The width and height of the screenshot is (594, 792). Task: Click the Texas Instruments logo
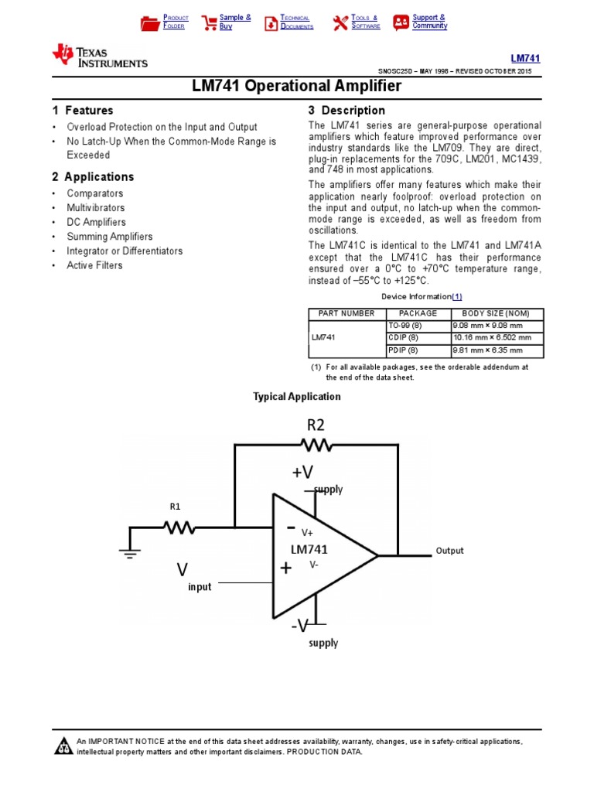(99, 55)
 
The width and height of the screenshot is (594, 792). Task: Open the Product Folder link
(176, 22)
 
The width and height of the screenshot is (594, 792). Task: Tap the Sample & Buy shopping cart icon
(209, 22)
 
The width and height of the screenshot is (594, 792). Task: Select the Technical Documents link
(296, 22)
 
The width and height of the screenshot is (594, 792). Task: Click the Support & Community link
(429, 22)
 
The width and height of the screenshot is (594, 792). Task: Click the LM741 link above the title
(525, 58)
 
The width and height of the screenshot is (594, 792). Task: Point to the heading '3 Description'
(346, 111)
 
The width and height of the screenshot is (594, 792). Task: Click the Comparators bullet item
(94, 193)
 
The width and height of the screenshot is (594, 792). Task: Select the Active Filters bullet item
(94, 265)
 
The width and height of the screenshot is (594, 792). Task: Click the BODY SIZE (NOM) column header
(496, 313)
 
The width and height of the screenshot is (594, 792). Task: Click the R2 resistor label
(316, 425)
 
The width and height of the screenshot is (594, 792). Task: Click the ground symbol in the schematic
(128, 551)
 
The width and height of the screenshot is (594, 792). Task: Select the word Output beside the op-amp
(449, 551)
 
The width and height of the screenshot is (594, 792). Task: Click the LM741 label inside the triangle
(309, 549)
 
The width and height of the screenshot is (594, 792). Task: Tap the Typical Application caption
(297, 397)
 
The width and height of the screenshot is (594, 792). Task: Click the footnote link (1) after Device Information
(456, 296)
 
